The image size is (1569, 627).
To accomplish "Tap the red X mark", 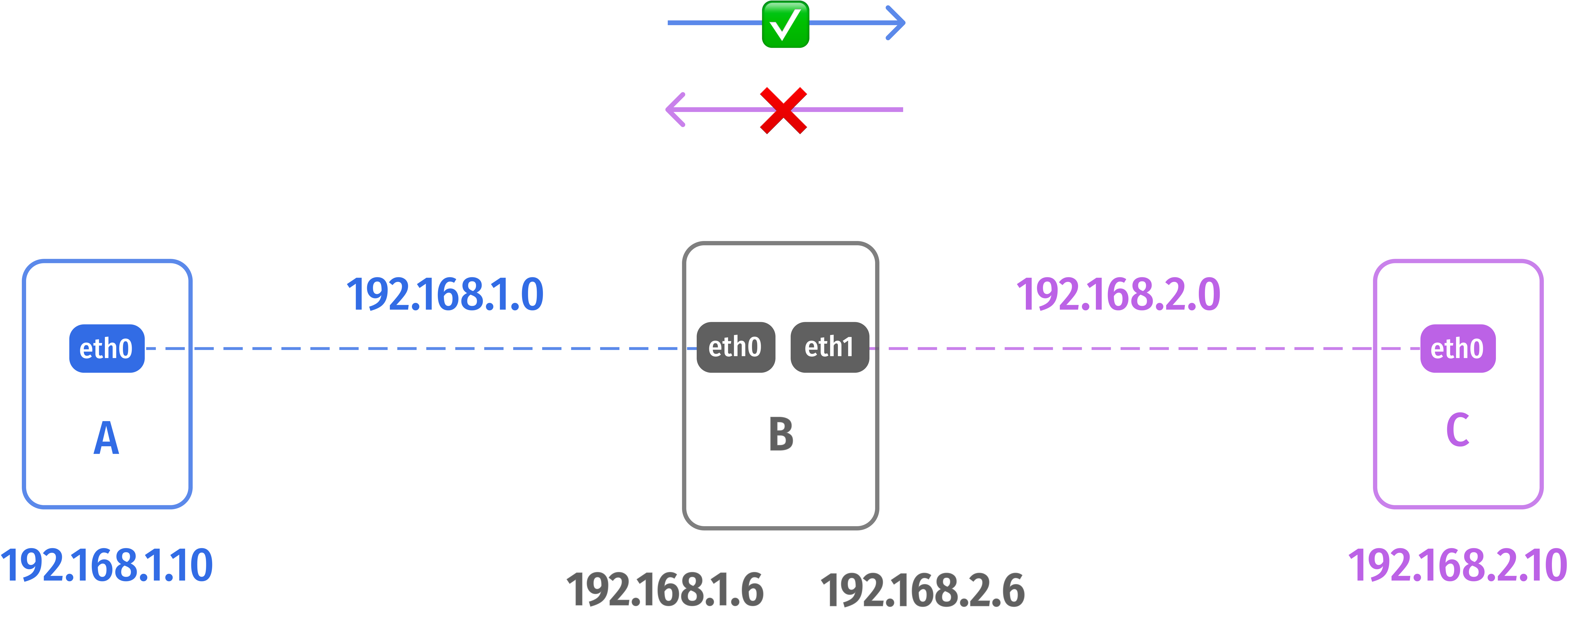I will click(x=783, y=110).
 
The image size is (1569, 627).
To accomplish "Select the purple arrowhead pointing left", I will click(x=675, y=110).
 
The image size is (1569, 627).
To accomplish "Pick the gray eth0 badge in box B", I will click(x=735, y=347).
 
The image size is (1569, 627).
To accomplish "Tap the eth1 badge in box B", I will click(x=829, y=347).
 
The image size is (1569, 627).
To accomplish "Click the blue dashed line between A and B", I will click(x=426, y=349).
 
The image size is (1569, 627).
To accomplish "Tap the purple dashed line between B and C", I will click(x=1127, y=349).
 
